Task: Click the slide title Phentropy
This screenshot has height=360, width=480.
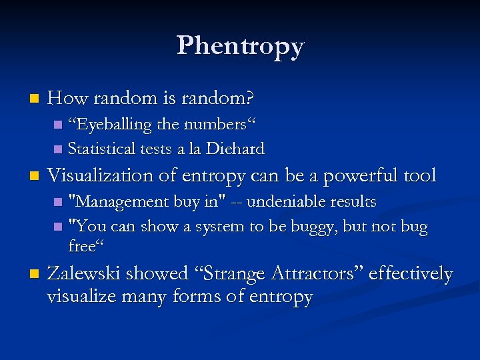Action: pos(240,45)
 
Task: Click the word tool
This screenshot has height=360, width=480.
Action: pos(419,176)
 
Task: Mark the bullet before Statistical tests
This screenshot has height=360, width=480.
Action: pos(57,149)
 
